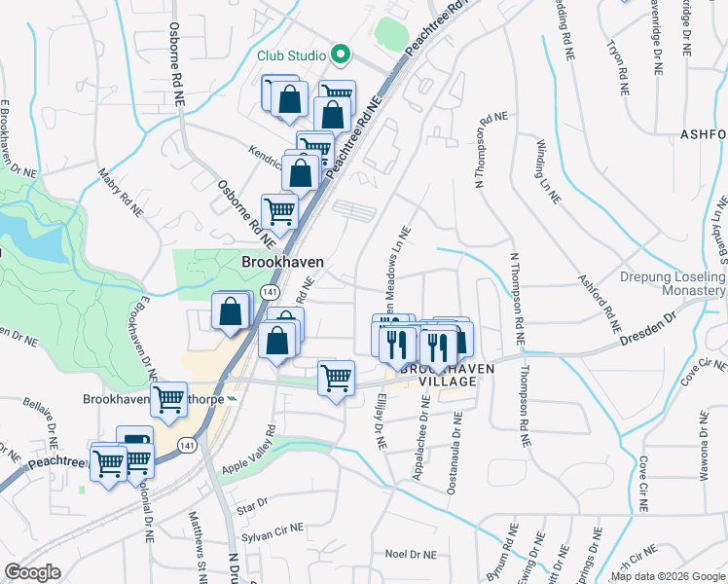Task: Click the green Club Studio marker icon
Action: [341, 55]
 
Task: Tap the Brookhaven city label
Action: [282, 263]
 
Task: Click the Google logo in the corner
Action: [32, 572]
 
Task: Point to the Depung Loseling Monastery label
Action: [673, 283]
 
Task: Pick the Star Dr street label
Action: [251, 505]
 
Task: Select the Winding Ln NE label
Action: [548, 169]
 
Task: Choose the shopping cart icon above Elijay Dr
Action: [336, 377]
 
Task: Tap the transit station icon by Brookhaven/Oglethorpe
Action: [232, 399]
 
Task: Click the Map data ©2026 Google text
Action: [668, 576]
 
